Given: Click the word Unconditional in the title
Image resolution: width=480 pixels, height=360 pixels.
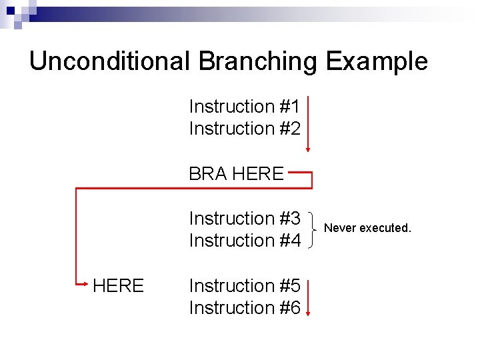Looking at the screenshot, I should tap(110, 61).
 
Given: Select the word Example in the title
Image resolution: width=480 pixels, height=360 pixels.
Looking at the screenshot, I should tap(377, 61).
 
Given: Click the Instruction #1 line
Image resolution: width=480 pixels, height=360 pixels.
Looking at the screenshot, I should tap(245, 107).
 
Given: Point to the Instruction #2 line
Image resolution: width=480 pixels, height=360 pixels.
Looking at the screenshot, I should tap(245, 128).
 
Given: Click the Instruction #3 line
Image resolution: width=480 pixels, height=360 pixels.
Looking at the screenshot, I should tap(245, 219).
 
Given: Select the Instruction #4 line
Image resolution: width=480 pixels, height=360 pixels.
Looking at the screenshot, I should tap(245, 240).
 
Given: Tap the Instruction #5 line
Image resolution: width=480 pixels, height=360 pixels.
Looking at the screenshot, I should tap(245, 286).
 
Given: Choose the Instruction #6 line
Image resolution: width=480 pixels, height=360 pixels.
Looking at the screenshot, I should tap(245, 307).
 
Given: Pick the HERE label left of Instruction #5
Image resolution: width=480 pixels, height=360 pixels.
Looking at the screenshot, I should tap(118, 286).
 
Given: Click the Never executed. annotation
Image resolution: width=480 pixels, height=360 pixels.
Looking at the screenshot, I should tap(367, 228).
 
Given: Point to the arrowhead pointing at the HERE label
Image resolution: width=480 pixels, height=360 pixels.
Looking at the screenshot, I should tap(85, 286).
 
